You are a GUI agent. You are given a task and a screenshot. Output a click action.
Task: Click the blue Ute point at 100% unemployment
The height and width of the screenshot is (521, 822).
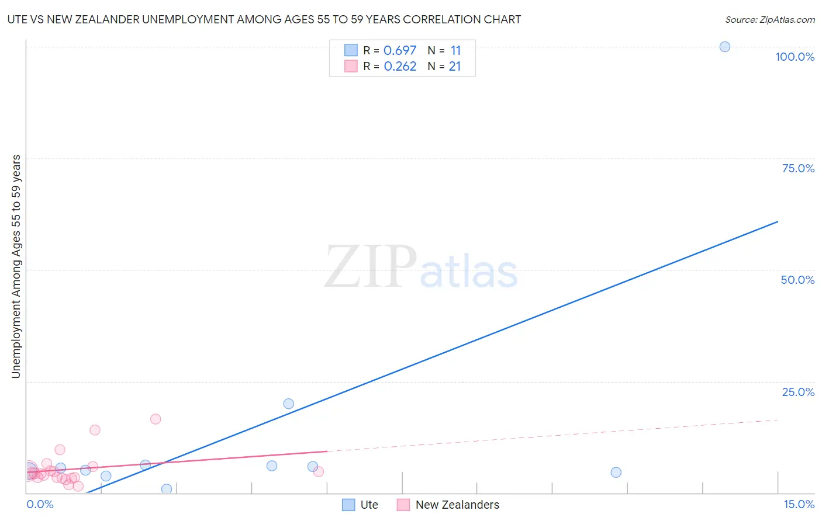(724, 47)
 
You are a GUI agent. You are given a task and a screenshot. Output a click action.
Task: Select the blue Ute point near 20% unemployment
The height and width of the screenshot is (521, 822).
(288, 404)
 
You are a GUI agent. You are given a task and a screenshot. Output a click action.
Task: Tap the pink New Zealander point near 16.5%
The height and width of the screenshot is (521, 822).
(156, 419)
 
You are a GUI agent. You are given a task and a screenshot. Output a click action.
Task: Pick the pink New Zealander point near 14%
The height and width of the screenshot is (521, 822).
(95, 430)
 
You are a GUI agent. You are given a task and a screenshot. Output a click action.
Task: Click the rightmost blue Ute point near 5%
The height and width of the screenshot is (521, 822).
(616, 473)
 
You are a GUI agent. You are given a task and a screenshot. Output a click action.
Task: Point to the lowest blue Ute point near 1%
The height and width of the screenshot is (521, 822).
(167, 489)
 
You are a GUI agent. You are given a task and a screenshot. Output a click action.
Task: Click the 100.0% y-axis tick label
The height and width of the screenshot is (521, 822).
(795, 57)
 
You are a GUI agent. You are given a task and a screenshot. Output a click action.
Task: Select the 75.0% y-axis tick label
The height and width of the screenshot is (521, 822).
(798, 168)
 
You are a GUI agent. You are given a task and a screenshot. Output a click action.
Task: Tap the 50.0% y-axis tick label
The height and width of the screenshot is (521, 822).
(797, 280)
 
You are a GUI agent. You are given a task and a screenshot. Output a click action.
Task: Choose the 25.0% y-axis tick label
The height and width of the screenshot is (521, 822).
(798, 392)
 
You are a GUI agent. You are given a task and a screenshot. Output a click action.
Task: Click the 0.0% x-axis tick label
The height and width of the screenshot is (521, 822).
(40, 504)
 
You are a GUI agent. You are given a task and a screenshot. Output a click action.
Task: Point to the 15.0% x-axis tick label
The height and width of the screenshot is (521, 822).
(799, 504)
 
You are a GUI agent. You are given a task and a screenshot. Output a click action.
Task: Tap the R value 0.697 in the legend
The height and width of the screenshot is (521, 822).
(400, 51)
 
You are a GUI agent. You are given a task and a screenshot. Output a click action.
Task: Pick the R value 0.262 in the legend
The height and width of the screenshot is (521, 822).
(400, 67)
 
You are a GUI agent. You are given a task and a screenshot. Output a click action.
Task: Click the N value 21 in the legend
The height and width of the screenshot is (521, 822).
(455, 67)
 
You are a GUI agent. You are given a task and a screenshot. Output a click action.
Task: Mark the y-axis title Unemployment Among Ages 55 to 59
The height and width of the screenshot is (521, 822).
(16, 266)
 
